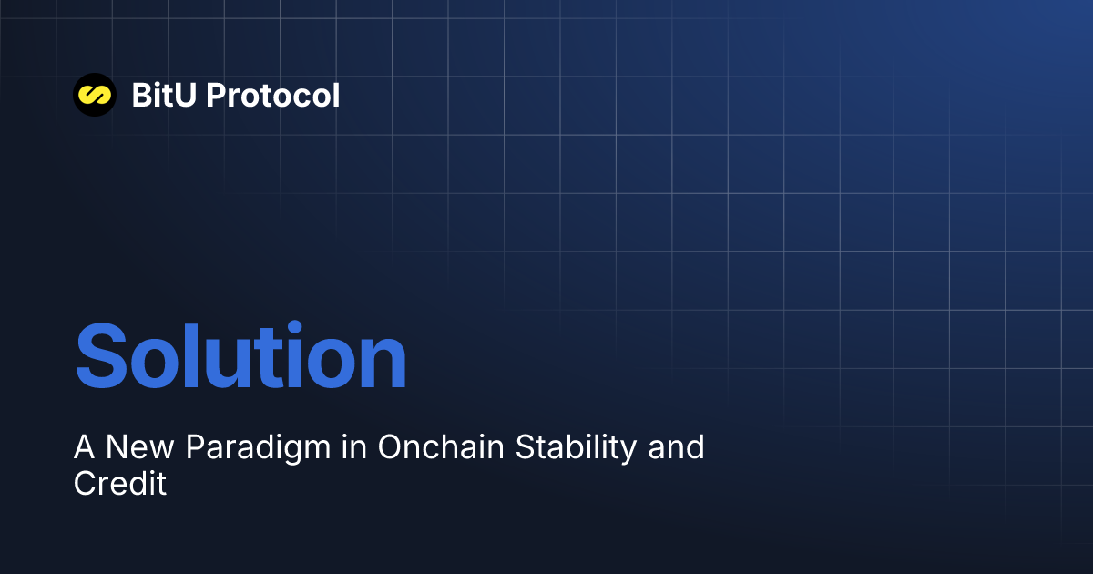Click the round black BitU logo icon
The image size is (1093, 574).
coord(95,95)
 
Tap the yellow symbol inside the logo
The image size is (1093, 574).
coord(95,95)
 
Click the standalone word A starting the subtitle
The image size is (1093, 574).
coord(85,447)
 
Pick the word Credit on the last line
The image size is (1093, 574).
coord(120,483)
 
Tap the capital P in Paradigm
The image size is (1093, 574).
coord(195,447)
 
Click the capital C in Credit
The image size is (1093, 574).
coord(84,483)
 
